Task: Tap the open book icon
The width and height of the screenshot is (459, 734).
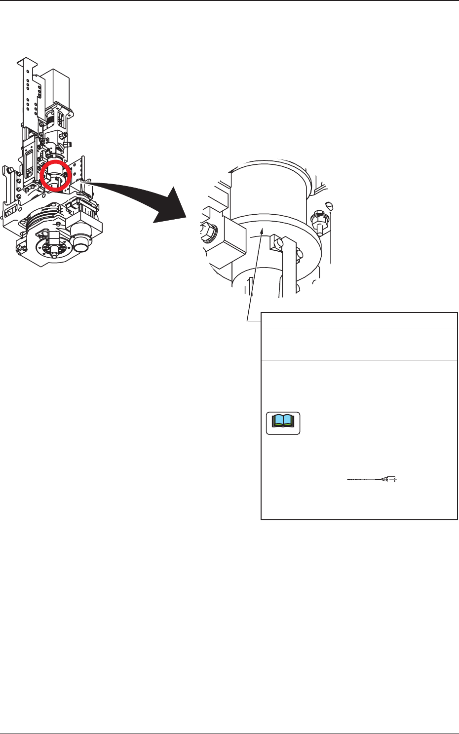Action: [283, 423]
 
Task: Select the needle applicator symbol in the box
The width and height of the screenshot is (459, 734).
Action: [373, 479]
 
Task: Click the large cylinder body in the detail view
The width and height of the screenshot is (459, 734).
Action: [269, 188]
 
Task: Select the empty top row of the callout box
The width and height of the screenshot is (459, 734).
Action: [359, 320]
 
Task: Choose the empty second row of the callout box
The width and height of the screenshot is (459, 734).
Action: [359, 345]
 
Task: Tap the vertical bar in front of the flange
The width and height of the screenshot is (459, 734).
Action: [289, 269]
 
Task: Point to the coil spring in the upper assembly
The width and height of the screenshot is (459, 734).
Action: [51, 119]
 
